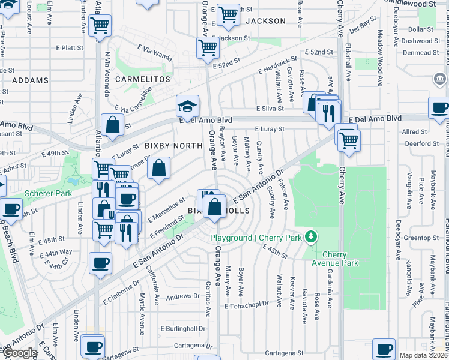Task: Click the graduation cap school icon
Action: pos(187,106)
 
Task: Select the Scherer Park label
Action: pos(48,194)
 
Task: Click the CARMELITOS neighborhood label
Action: pos(139,79)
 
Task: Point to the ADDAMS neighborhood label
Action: pos(29,80)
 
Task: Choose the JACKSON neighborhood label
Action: pos(265,21)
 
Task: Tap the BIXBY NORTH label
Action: pos(173,146)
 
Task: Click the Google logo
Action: pos(20,353)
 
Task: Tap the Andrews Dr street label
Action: pos(182,296)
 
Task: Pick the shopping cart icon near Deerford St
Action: pos(348,140)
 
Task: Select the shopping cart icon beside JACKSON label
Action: pos(228,15)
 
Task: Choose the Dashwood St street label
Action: pos(420,41)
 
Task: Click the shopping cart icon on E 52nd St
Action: pos(208,47)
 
